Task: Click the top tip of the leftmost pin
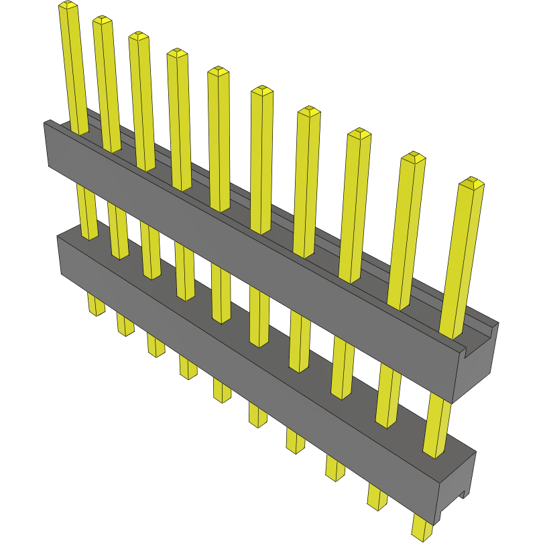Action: [x=67, y=5]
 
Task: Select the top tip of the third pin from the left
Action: [x=138, y=35]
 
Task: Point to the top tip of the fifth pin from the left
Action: [x=218, y=70]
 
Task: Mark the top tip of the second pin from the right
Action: [x=414, y=158]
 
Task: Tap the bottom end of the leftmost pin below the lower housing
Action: [x=98, y=311]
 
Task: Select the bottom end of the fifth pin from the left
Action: [x=223, y=398]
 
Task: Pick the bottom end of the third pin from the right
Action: [x=336, y=475]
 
